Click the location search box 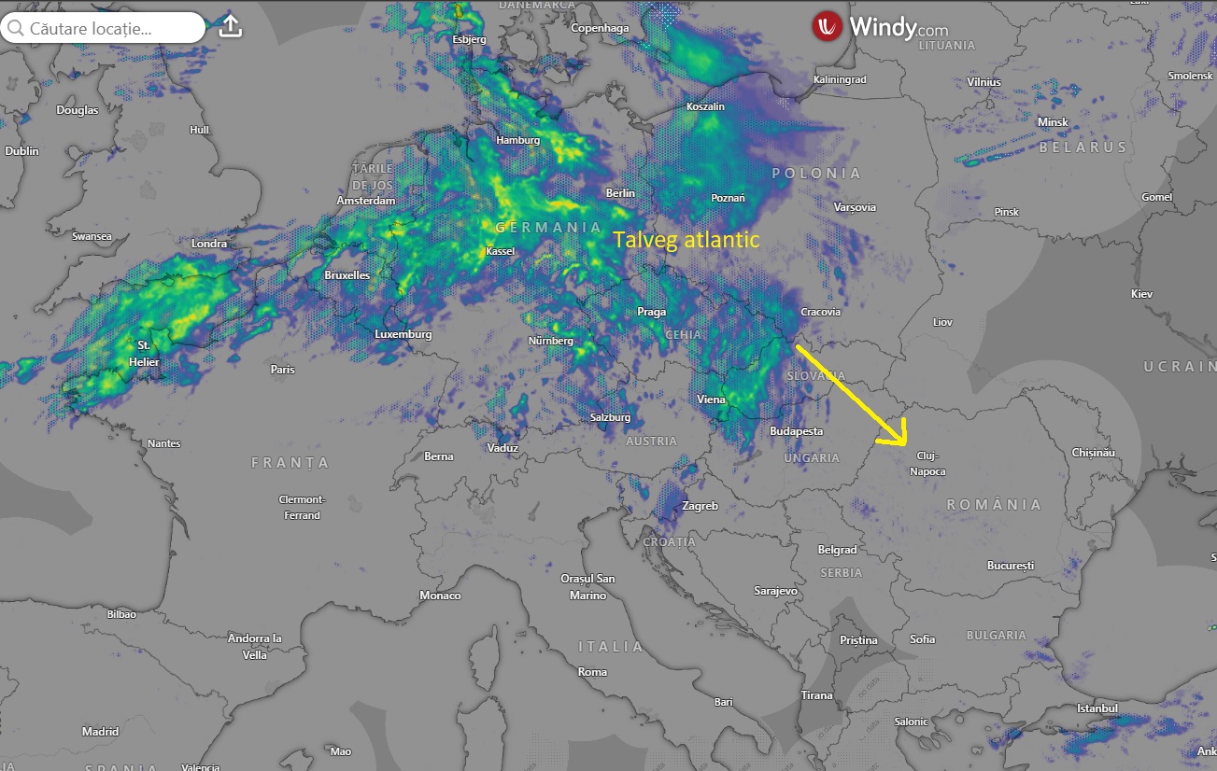103,28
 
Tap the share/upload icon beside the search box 230,27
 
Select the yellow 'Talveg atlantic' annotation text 686,240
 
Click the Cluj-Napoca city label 927,463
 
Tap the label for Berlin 620,193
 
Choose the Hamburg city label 517,140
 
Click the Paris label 282,370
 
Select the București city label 1011,566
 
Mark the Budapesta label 796,431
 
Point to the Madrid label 100,732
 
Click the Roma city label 592,672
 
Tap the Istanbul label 1097,708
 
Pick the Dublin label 21,151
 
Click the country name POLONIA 815,174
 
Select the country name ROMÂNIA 994,505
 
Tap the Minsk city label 1053,122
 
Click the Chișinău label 1094,452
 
